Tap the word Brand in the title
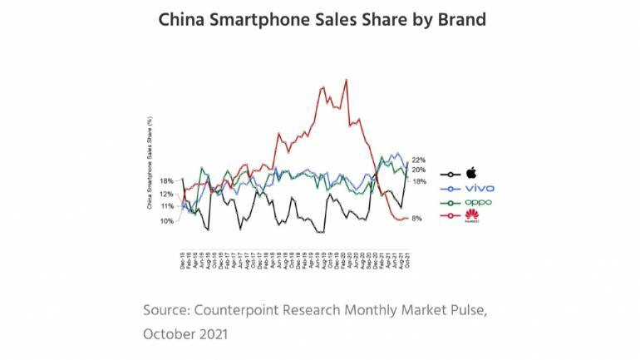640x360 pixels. pos(451,19)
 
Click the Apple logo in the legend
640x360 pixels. pos(470,172)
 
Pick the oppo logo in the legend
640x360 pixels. pos(474,203)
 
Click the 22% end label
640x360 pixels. pos(419,160)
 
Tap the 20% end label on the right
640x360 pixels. pos(419,170)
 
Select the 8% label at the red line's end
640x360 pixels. pos(417,219)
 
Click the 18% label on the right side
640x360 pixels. pos(420,181)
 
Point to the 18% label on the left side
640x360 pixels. pos(167,180)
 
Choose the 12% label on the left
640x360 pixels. pos(167,194)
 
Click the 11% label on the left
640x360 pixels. pos(167,205)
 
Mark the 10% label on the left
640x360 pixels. pos(167,221)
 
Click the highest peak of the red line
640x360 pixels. pos(345,79)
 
